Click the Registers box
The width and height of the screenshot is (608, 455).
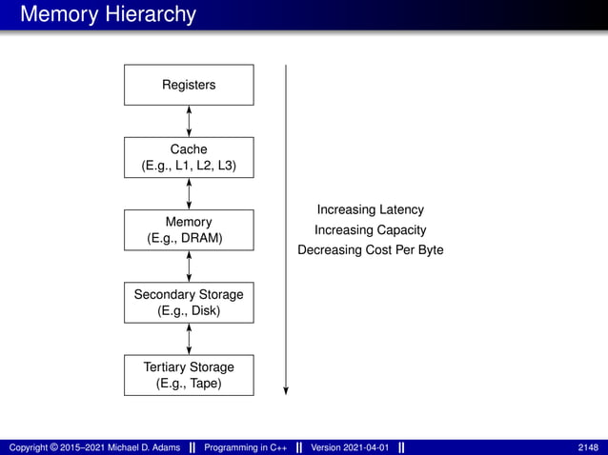pyautogui.click(x=189, y=85)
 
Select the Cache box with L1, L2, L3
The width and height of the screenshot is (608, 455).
pyautogui.click(x=189, y=157)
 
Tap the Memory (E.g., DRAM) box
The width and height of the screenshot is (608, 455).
pyautogui.click(x=189, y=230)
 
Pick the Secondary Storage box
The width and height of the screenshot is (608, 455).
pyautogui.click(x=189, y=303)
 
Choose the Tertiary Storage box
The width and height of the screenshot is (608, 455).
pyautogui.click(x=189, y=375)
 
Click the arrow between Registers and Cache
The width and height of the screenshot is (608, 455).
pyautogui.click(x=190, y=121)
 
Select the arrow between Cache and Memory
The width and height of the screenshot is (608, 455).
pyautogui.click(x=190, y=193)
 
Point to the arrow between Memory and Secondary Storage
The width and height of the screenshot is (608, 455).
pyautogui.click(x=190, y=267)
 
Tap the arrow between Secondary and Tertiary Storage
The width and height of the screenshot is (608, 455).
pyautogui.click(x=190, y=339)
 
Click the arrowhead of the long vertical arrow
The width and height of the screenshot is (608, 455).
pyautogui.click(x=286, y=389)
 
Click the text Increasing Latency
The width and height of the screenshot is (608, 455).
pyautogui.click(x=370, y=209)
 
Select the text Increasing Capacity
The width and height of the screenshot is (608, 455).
pyautogui.click(x=370, y=230)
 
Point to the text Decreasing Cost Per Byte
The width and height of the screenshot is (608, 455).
pyautogui.click(x=370, y=250)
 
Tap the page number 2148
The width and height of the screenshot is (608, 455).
pyautogui.click(x=588, y=447)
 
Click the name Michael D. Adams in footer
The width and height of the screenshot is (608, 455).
pyautogui.click(x=136, y=447)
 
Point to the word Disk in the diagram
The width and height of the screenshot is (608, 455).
pyautogui.click(x=205, y=311)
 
